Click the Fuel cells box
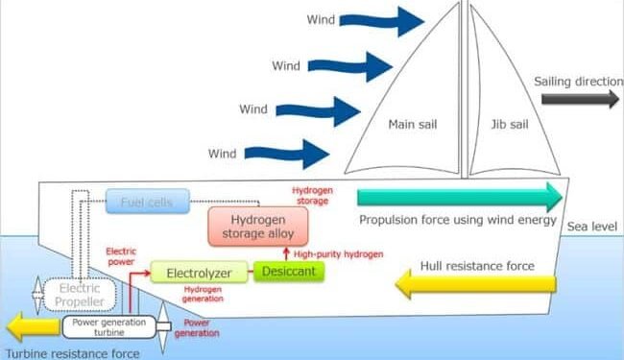click(x=147, y=203)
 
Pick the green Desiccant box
click(x=289, y=273)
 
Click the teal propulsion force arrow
click(x=459, y=198)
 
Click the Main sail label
click(x=412, y=125)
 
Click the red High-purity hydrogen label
click(x=339, y=253)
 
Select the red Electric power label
click(x=121, y=255)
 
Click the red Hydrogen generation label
click(x=203, y=293)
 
